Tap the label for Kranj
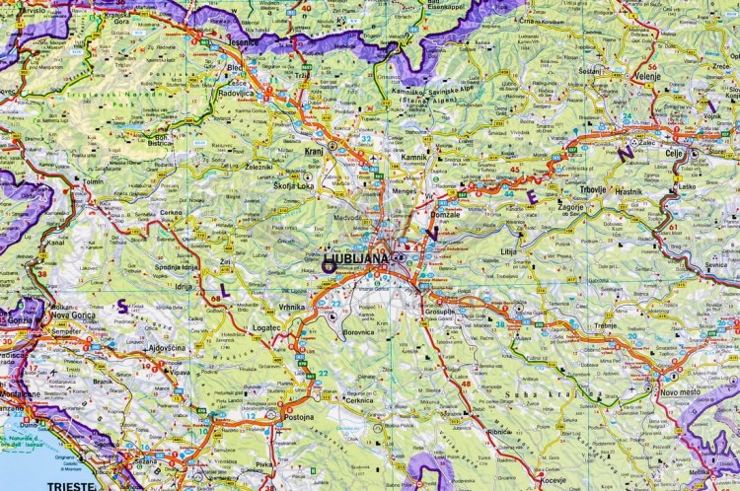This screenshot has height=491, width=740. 318,157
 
